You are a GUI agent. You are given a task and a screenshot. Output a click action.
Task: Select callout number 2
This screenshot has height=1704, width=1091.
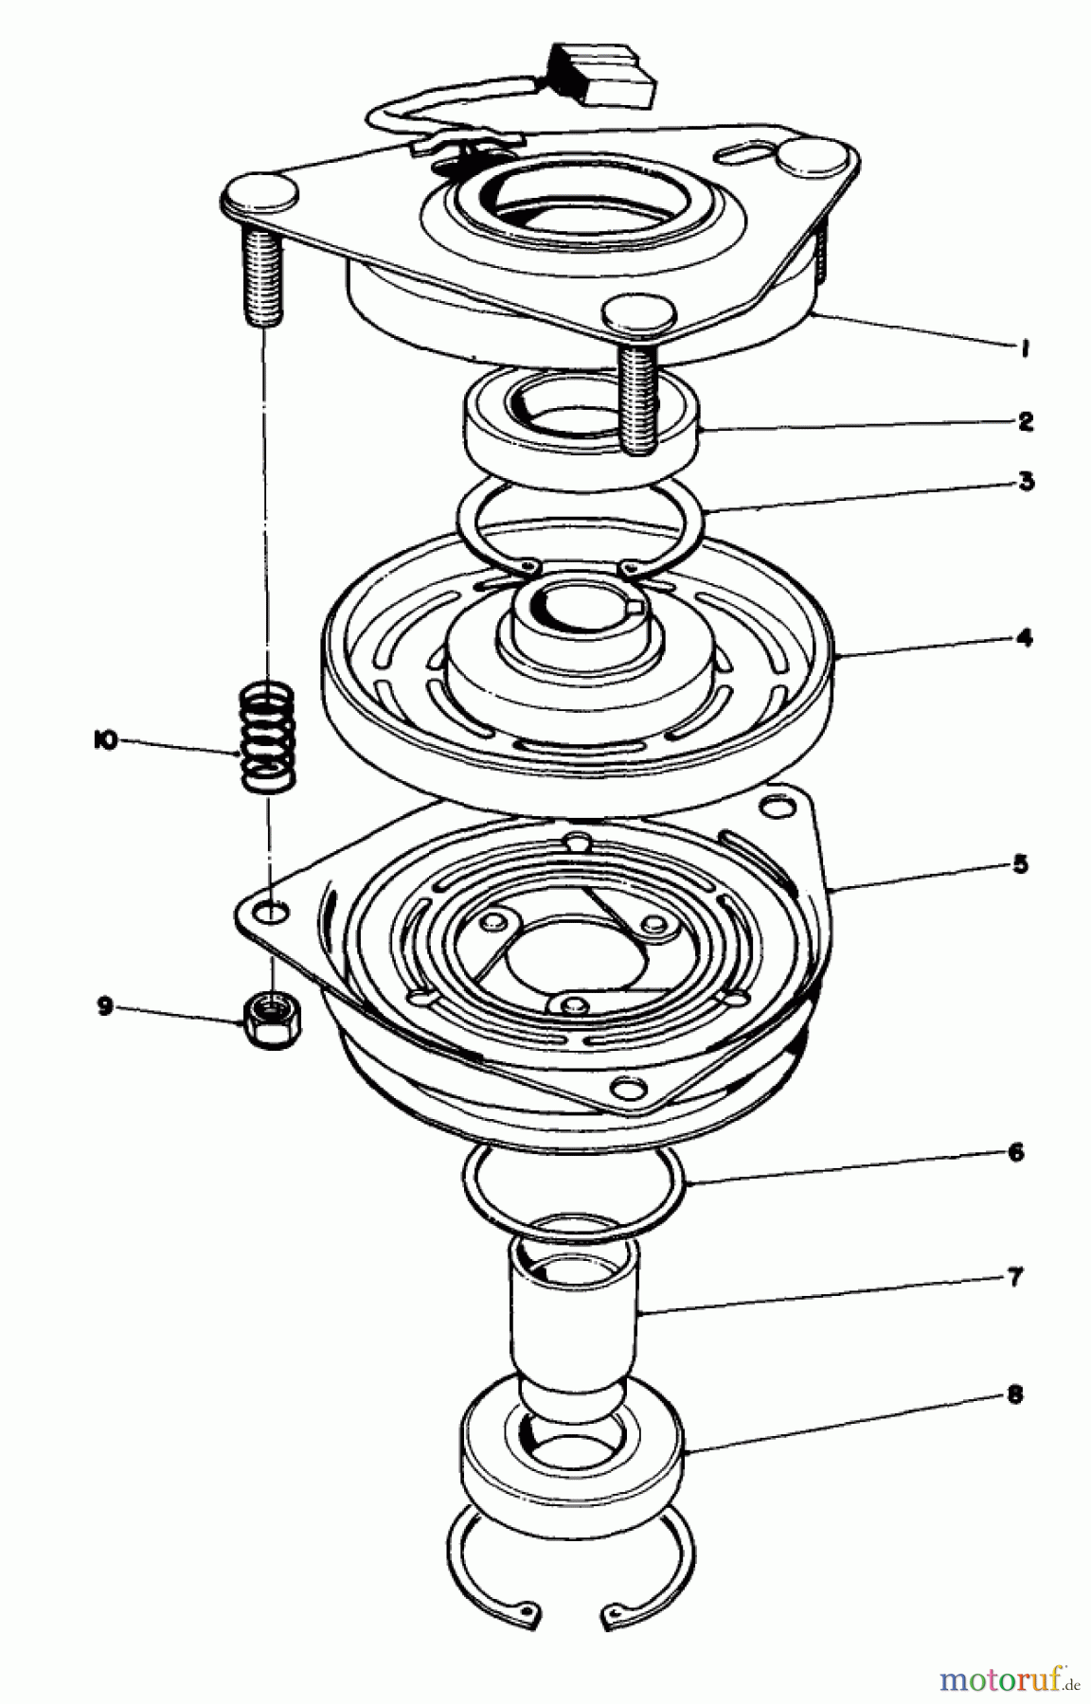(x=1024, y=421)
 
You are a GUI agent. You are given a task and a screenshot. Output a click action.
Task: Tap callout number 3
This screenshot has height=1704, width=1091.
(x=1025, y=481)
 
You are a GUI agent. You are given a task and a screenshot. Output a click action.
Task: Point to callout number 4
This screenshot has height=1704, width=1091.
(x=1024, y=638)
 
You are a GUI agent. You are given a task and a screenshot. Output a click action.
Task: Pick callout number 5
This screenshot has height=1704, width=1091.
(x=1019, y=864)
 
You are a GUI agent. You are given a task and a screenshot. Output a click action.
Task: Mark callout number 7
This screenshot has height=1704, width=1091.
(x=1015, y=1278)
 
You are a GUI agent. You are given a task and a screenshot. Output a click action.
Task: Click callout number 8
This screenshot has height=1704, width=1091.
(x=1015, y=1395)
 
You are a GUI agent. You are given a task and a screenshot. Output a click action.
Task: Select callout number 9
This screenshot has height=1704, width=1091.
(x=104, y=1005)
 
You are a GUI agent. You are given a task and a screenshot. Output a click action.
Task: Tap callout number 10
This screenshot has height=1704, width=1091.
(x=104, y=742)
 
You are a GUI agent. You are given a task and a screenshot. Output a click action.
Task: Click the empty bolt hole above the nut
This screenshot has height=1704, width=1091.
(x=273, y=913)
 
